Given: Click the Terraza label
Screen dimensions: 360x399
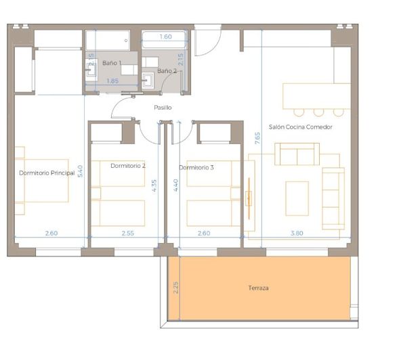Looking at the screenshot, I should (x=258, y=288).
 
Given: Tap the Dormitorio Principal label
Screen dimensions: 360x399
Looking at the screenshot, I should (x=47, y=173).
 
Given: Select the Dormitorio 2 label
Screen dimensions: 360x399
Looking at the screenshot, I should (x=128, y=166).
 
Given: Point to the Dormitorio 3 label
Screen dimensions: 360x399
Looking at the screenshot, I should (x=196, y=167).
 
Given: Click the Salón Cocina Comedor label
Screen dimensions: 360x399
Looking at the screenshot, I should (x=300, y=127).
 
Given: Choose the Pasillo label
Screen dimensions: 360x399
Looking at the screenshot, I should (x=163, y=108).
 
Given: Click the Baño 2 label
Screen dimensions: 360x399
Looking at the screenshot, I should (x=167, y=70).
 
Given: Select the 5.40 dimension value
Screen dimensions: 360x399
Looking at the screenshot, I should (x=80, y=171).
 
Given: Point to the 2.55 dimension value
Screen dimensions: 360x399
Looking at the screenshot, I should (x=128, y=233).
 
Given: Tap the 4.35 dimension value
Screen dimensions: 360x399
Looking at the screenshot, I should (x=155, y=185).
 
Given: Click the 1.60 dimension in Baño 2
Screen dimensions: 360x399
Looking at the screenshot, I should (x=166, y=37).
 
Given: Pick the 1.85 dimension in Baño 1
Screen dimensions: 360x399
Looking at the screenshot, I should (x=113, y=81).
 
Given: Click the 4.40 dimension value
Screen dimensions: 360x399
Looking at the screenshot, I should (x=176, y=185).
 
